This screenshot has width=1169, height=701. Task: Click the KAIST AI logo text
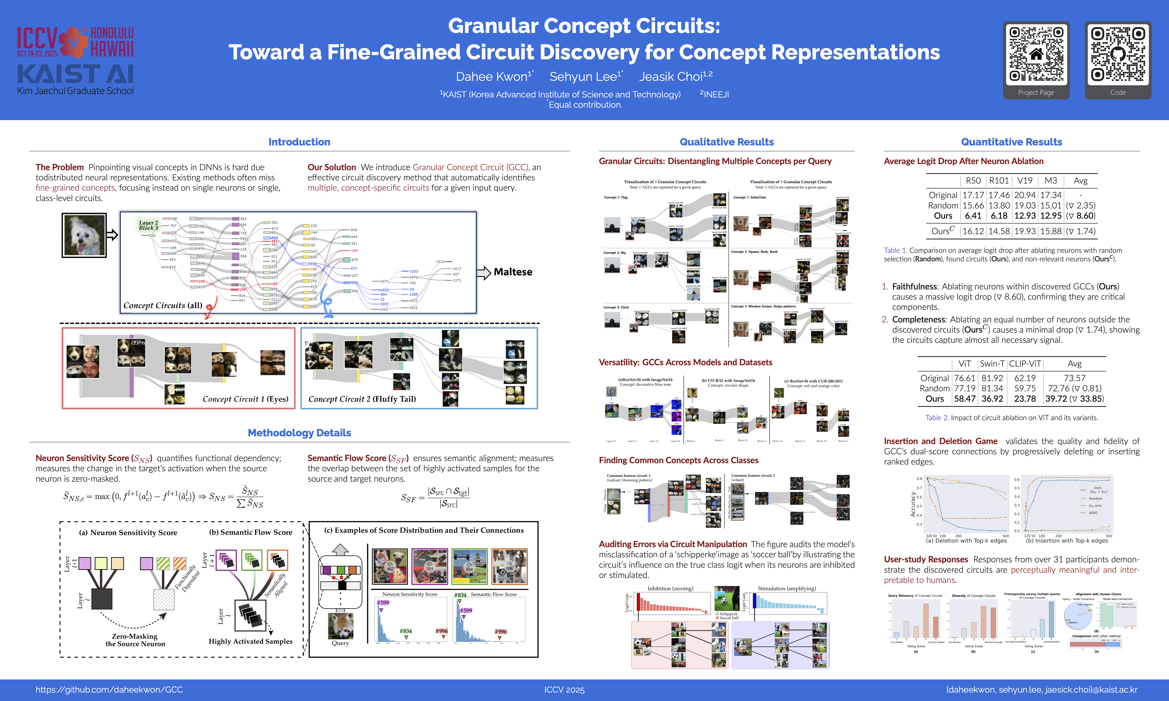point(75,74)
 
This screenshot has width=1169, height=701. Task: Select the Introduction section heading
point(299,142)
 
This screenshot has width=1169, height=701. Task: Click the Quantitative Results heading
point(1011,142)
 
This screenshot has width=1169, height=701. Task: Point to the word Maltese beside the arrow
point(513,272)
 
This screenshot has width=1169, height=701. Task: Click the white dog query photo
point(84,235)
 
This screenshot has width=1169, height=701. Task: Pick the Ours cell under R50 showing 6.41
point(973,216)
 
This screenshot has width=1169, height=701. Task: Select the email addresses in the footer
point(1041,690)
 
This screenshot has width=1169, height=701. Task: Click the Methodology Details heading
point(299,433)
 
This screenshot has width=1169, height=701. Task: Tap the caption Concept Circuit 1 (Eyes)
point(245,399)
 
